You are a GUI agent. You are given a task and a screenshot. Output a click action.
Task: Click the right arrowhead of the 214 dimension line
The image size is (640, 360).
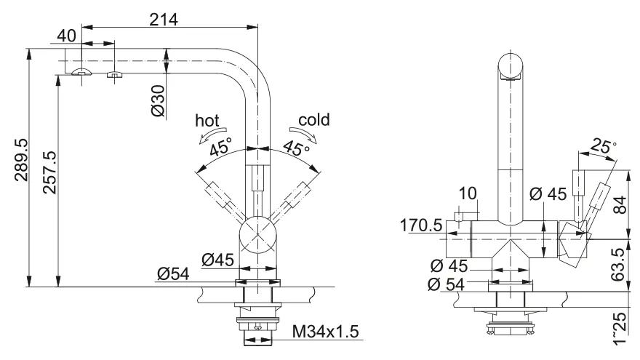click(253, 28)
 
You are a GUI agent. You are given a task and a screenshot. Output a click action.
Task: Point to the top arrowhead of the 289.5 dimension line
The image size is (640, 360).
click(29, 55)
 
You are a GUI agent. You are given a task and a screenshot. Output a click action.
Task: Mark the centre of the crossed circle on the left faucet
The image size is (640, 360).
click(258, 235)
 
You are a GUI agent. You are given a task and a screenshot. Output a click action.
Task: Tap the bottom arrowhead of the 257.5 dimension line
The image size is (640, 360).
click(58, 281)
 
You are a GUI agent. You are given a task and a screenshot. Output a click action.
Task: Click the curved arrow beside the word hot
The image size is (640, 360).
click(212, 135)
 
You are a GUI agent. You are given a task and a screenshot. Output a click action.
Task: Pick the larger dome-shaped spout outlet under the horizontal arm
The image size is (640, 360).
click(81, 72)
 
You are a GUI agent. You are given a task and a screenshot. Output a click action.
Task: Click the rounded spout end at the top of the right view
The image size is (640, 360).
click(511, 66)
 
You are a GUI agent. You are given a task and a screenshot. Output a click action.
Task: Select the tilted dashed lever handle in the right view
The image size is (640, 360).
click(598, 203)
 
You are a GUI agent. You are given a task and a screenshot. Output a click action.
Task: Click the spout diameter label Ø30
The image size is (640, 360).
click(159, 101)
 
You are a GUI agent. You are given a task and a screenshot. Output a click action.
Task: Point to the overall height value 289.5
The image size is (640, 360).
click(21, 159)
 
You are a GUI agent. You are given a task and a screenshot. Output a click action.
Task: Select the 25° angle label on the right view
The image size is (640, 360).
click(604, 146)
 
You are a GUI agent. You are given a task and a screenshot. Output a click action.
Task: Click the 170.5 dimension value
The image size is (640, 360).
click(421, 225)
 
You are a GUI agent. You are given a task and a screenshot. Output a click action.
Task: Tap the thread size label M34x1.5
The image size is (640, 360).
click(325, 332)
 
